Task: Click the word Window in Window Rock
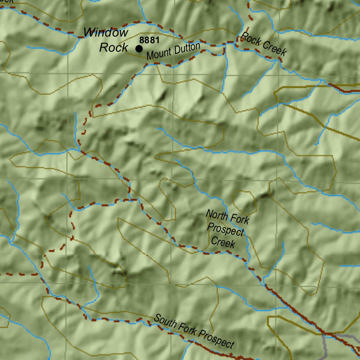click(106, 33)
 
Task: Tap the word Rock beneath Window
click(113, 47)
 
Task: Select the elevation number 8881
click(149, 40)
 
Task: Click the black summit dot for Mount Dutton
click(139, 49)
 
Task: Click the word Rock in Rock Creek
click(250, 39)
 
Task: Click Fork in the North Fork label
click(241, 220)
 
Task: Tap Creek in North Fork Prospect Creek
click(223, 242)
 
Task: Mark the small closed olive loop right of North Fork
click(244, 203)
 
